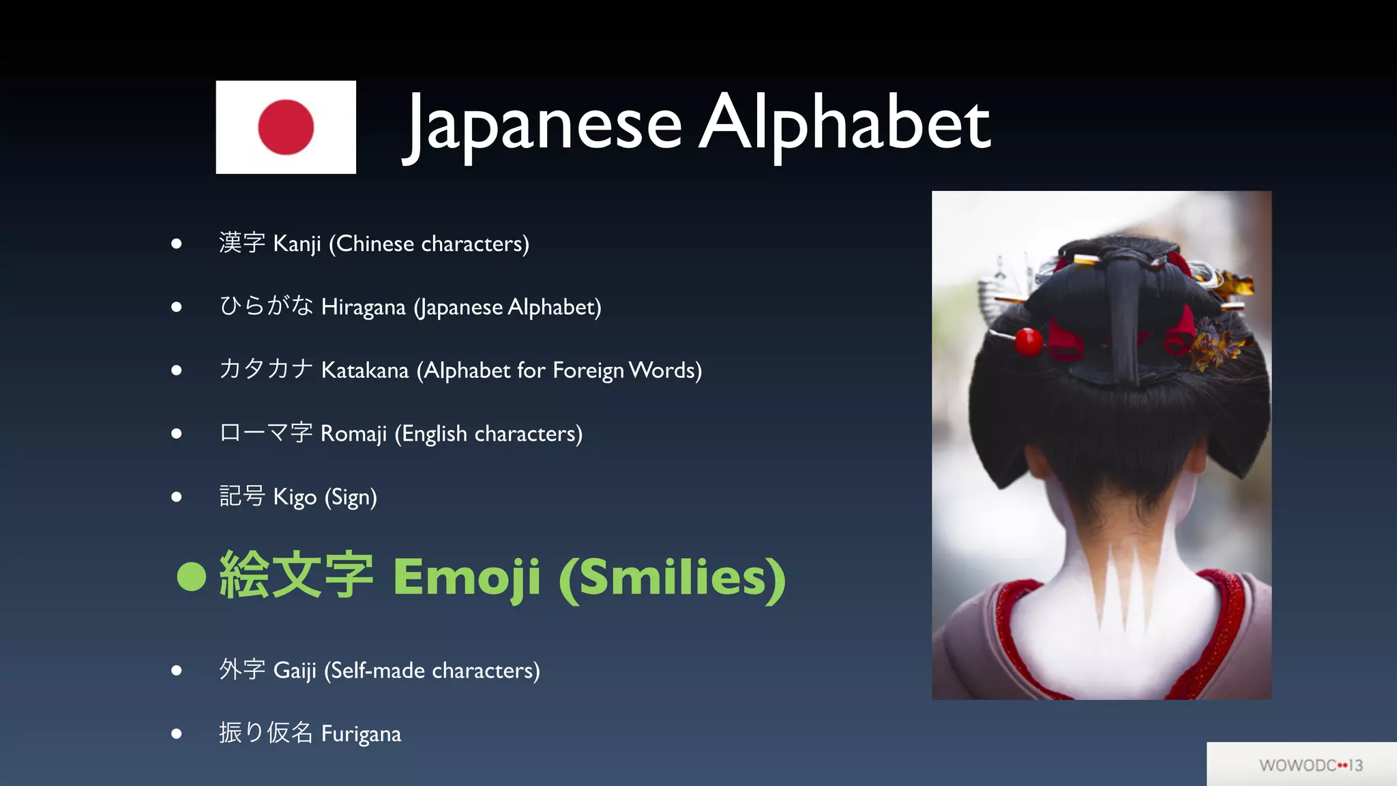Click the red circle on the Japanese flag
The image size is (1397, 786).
pos(286,127)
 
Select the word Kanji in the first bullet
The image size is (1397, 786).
pos(297,244)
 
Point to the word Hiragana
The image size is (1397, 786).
pos(364,307)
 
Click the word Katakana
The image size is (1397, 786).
pos(365,370)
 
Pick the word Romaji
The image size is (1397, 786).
pos(353,434)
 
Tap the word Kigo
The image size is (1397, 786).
pos(295,497)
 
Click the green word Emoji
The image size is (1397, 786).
pos(467,577)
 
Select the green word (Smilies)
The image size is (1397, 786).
pos(672,577)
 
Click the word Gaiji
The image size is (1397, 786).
pos(295,671)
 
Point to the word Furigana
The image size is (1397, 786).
pos(361,734)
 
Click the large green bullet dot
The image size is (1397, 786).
pos(191,576)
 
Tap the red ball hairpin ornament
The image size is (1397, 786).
pos(1028,341)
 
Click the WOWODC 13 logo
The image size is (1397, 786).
pos(1310,765)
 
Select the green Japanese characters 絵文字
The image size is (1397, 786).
pos(296,575)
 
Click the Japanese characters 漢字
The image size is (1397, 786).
pos(242,242)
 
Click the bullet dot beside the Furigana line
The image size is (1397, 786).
pos(177,734)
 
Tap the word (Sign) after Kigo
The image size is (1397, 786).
pos(351,497)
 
